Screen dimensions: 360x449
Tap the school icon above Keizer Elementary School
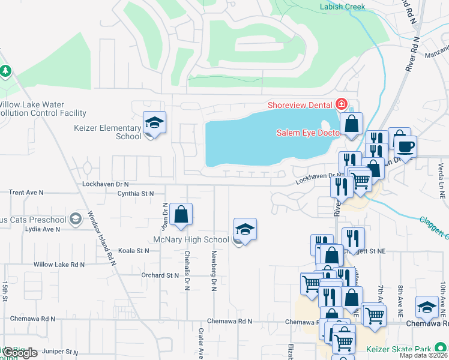(154, 124)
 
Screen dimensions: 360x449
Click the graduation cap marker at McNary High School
(245, 230)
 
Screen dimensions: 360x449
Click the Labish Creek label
(343, 7)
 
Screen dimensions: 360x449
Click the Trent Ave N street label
(26, 193)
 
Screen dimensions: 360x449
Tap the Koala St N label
(133, 251)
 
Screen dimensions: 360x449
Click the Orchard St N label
(160, 275)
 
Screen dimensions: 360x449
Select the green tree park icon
(5, 71)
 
